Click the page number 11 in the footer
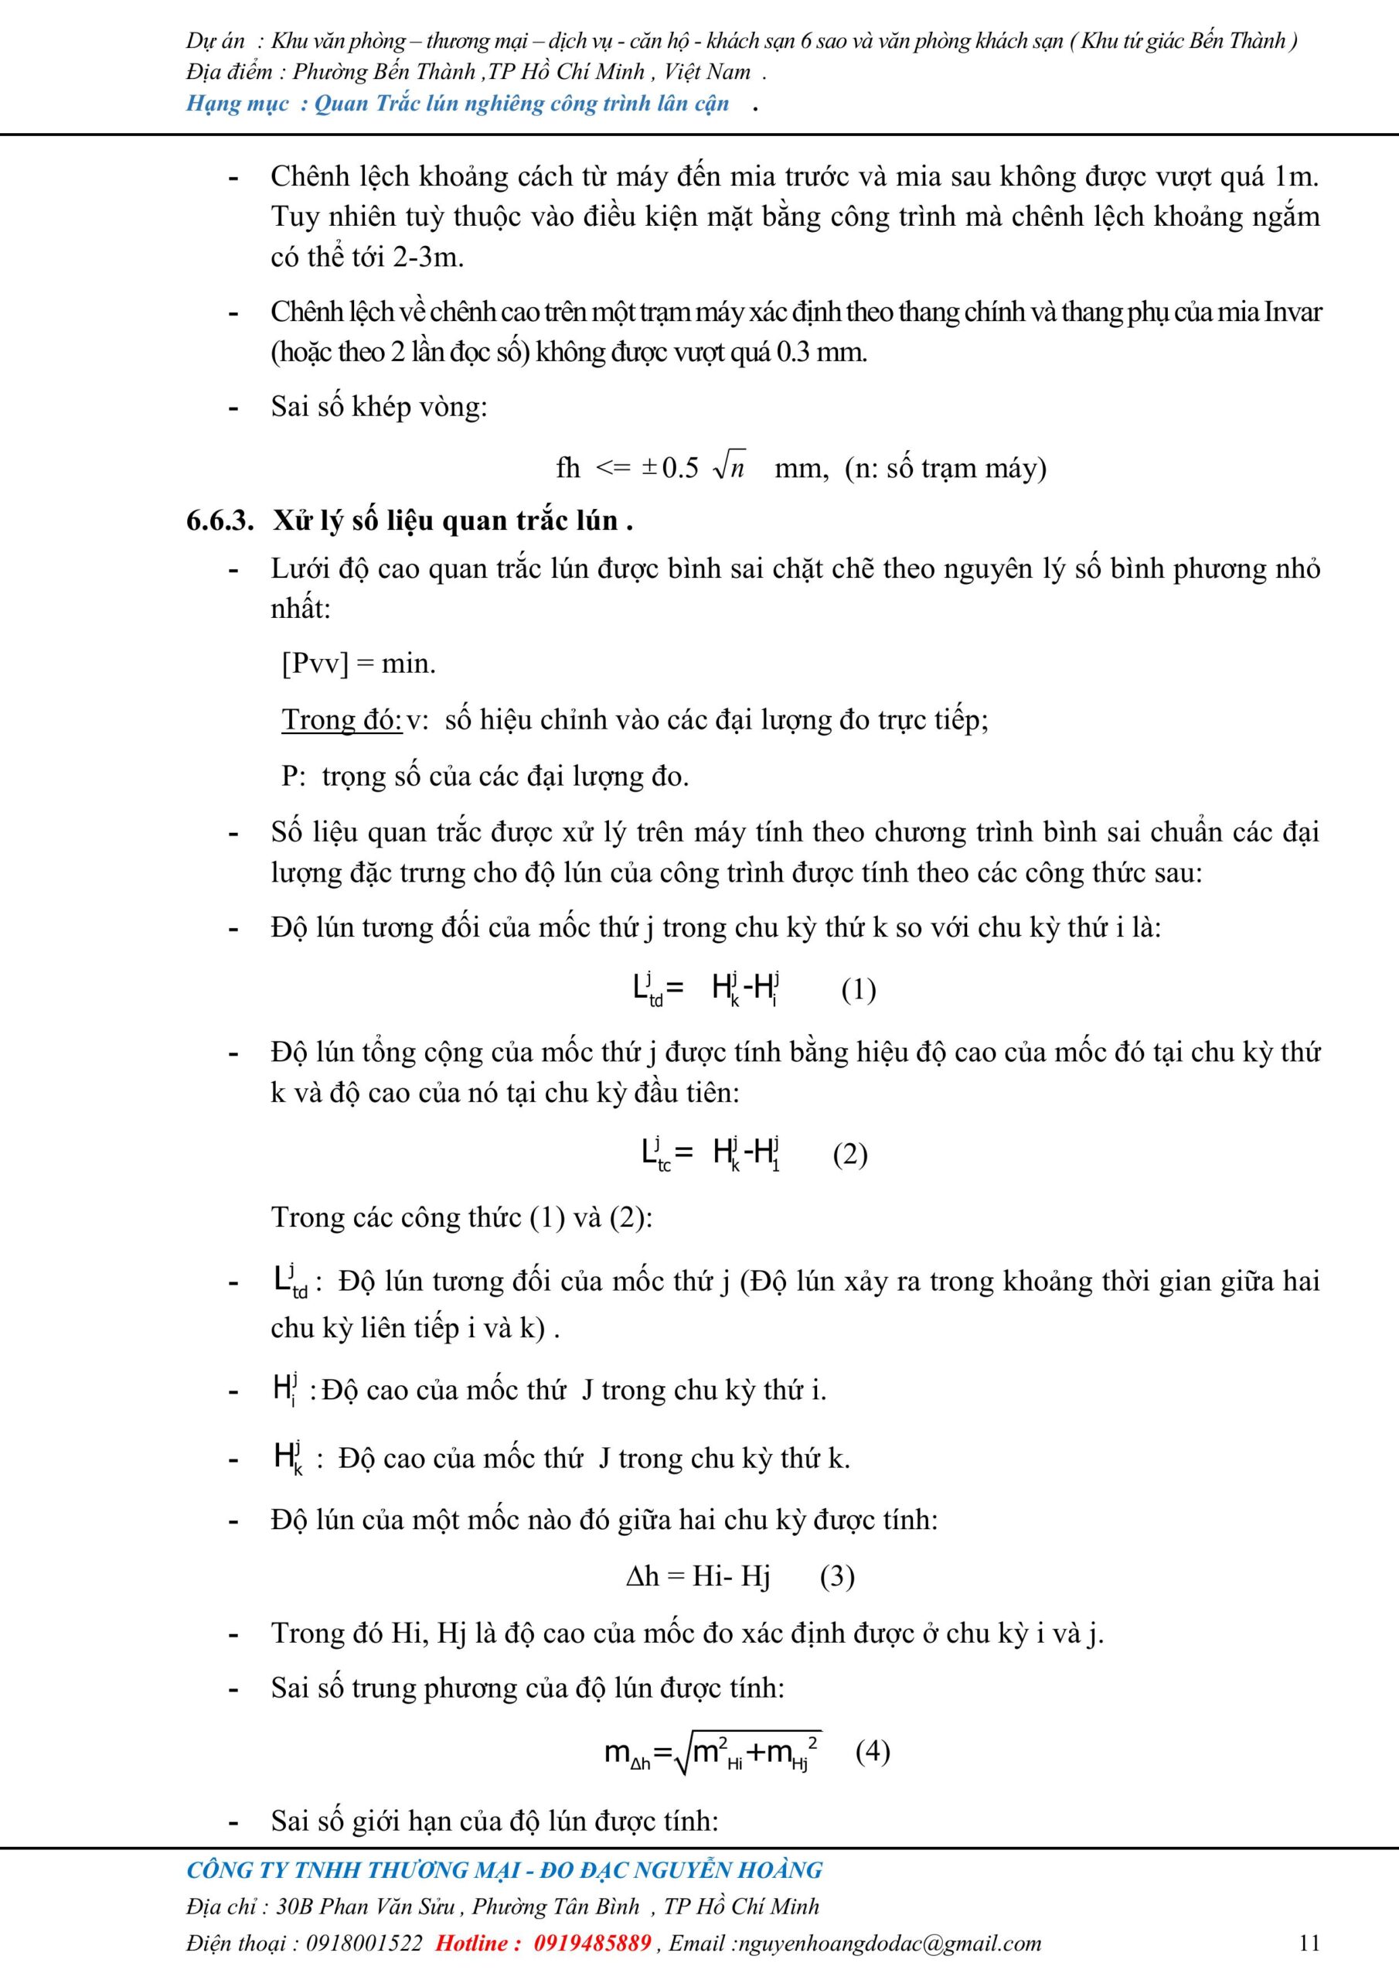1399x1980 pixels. (1309, 1942)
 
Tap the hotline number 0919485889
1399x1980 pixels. (592, 1942)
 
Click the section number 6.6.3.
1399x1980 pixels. (220, 521)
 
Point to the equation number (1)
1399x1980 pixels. (859, 988)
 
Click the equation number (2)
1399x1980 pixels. (850, 1154)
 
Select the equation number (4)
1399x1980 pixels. (873, 1750)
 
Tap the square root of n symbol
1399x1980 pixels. (729, 466)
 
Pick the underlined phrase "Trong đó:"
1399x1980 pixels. (342, 719)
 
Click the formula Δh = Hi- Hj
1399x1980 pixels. (698, 1576)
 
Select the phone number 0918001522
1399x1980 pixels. (365, 1942)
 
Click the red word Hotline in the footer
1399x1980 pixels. (477, 1942)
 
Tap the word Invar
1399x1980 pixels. (1292, 312)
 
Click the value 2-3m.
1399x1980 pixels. (427, 256)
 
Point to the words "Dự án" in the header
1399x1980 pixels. (215, 40)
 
